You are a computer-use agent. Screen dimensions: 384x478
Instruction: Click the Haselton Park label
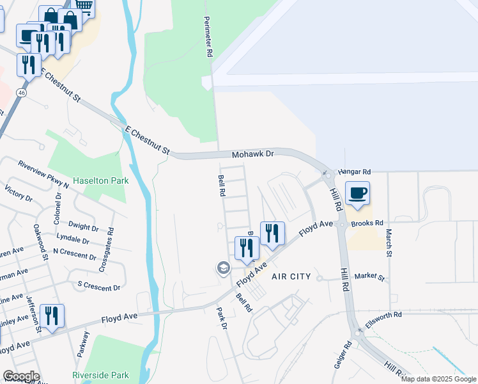coord(100,180)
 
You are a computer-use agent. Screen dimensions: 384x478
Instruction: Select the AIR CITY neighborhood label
coord(291,276)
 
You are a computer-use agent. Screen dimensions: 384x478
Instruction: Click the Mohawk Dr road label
coord(252,154)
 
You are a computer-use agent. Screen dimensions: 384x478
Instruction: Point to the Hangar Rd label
coord(355,172)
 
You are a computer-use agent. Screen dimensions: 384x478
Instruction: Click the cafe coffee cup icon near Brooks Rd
coord(358,192)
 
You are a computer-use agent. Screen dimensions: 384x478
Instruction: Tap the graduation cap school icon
coord(224,268)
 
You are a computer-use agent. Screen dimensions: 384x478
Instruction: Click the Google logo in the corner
coord(20,376)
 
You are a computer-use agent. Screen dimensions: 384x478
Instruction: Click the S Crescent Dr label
coord(98,286)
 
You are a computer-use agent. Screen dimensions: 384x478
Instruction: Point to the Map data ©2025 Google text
coord(438,379)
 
